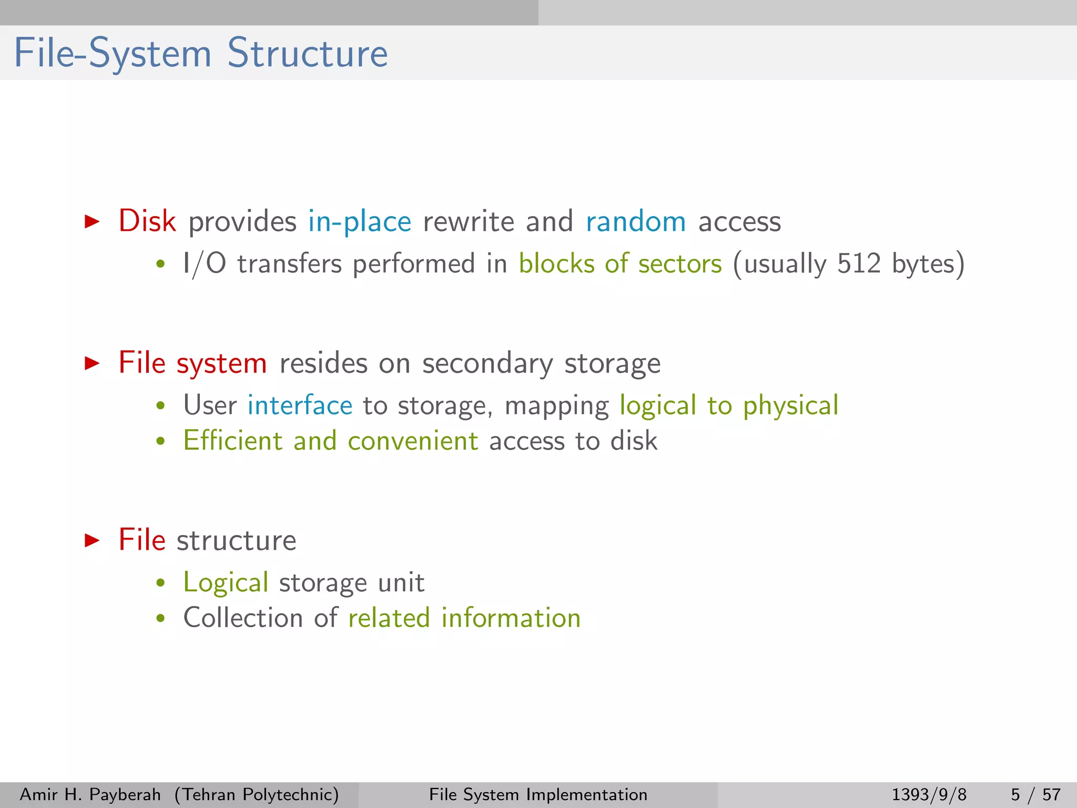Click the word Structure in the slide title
tap(308, 53)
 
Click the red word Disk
tap(147, 221)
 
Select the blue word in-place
tap(360, 222)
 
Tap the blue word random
tap(636, 221)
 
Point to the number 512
tap(858, 264)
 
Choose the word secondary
tap(487, 363)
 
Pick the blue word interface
tap(300, 405)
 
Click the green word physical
tap(790, 406)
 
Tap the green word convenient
tap(413, 441)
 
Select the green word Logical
tap(226, 583)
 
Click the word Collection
tap(242, 618)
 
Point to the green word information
tap(511, 618)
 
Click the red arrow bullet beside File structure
tap(93, 540)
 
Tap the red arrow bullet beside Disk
tap(93, 221)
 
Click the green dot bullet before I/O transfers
tap(161, 265)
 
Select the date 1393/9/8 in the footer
tap(929, 794)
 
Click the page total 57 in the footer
tap(1052, 794)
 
